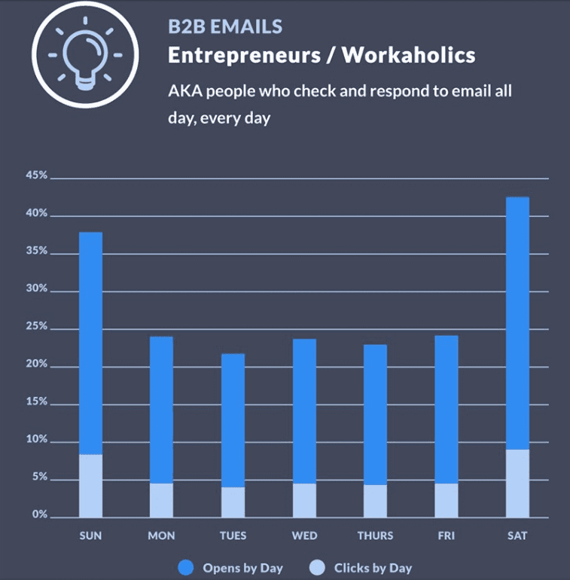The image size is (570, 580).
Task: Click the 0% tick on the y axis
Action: (x=39, y=516)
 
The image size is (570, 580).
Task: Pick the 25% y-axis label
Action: (x=37, y=328)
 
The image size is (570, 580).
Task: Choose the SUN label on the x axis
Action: (x=90, y=536)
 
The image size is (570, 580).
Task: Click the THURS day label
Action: (x=375, y=536)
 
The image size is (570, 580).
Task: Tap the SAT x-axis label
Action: (x=517, y=536)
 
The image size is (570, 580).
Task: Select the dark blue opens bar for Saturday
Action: (x=517, y=324)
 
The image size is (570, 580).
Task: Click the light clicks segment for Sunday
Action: (x=90, y=486)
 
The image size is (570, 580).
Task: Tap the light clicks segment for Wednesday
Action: (x=304, y=500)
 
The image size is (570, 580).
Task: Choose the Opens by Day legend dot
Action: (x=187, y=568)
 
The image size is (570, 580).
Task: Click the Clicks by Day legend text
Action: (x=373, y=568)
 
